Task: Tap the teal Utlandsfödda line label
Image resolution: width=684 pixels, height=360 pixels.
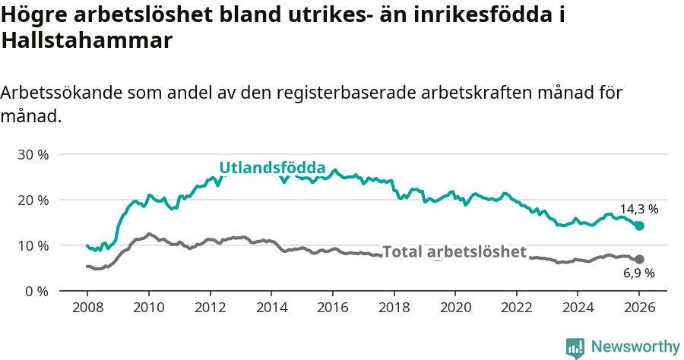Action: [272, 168]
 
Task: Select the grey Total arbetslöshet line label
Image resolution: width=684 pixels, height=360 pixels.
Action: [454, 251]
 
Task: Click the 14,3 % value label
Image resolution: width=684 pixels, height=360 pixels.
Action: [638, 208]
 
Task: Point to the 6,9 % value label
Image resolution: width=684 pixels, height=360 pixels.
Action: [638, 273]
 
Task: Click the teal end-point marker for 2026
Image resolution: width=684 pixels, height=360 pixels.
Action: [639, 226]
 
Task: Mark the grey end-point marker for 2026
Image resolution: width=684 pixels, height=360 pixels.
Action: [639, 259]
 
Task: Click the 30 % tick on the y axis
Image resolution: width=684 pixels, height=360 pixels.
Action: [33, 154]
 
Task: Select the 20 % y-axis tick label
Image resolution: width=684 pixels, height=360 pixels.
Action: [33, 200]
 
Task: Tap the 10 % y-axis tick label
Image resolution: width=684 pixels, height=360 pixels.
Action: [33, 245]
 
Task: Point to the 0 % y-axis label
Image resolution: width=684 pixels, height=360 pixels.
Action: [36, 291]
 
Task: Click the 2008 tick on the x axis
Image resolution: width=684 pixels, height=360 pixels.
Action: [87, 310]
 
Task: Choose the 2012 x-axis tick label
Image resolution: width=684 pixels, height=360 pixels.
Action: [210, 310]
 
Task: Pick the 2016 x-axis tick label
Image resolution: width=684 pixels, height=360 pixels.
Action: [332, 310]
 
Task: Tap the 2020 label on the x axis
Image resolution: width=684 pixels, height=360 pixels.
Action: [455, 310]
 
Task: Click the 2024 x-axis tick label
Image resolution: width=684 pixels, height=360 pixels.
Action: [578, 310]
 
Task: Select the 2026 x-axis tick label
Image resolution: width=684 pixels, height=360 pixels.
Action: [639, 310]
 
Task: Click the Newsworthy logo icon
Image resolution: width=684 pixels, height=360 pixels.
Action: [575, 347]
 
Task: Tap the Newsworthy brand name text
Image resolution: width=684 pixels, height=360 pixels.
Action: [635, 347]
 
